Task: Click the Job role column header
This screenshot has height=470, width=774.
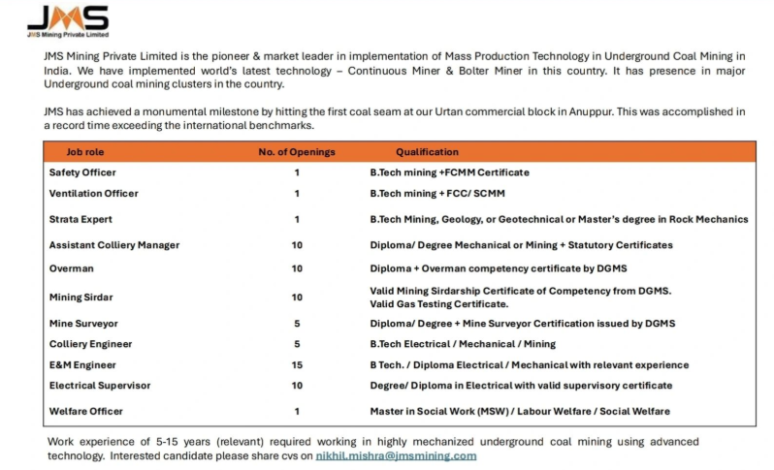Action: (85, 152)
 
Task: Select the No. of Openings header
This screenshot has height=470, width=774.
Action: (297, 152)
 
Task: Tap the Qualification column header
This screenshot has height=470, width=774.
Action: (428, 152)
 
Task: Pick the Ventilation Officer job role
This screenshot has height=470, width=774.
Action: (94, 193)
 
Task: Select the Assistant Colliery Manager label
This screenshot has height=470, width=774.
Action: (114, 245)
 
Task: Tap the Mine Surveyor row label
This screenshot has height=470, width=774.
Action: (84, 323)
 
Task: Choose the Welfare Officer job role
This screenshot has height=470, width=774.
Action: (86, 411)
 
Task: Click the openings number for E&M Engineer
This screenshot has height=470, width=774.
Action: (297, 364)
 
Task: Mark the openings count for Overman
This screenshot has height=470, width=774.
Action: (297, 267)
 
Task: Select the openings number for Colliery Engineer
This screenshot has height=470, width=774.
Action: (297, 343)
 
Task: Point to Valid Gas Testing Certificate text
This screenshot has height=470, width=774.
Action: (439, 304)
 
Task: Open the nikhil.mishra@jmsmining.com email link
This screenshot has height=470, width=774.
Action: (396, 455)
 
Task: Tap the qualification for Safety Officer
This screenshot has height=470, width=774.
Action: (449, 172)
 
